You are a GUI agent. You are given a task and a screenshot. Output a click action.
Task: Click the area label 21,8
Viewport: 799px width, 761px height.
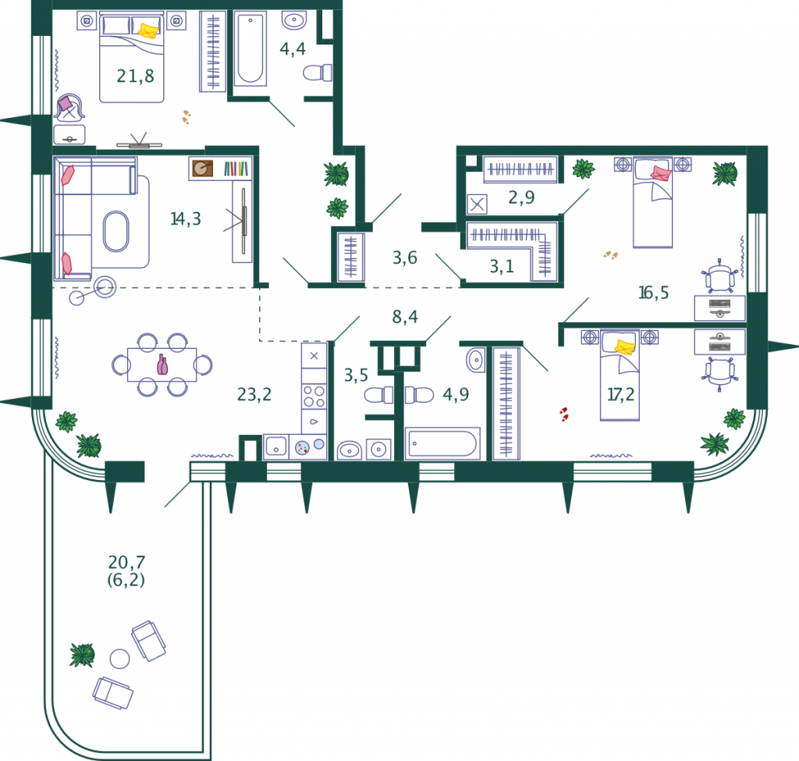pyautogui.click(x=135, y=76)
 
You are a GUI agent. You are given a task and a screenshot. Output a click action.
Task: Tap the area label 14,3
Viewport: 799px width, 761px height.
pyautogui.click(x=186, y=219)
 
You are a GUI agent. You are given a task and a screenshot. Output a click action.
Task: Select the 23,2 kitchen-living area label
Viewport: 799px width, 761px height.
pyautogui.click(x=254, y=394)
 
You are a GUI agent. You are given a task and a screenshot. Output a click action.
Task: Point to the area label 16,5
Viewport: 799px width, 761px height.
pyautogui.click(x=653, y=293)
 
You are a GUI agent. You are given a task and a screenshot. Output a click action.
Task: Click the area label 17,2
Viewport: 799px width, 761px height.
pyautogui.click(x=620, y=394)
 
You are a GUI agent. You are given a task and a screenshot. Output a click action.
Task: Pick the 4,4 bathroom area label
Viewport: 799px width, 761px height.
pyautogui.click(x=293, y=49)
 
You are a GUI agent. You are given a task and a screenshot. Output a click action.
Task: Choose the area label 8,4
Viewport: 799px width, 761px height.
pyautogui.click(x=405, y=317)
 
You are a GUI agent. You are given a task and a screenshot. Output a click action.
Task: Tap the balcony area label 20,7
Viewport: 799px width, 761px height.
pyautogui.click(x=126, y=562)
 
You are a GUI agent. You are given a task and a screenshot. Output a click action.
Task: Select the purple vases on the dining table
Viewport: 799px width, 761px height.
pyautogui.click(x=162, y=364)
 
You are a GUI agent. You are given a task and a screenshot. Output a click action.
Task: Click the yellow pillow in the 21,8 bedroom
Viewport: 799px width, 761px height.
pyautogui.click(x=149, y=30)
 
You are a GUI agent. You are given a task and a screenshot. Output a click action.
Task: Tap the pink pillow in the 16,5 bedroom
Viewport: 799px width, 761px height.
pyautogui.click(x=661, y=173)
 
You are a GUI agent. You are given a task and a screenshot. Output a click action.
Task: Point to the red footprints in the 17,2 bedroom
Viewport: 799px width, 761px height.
pyautogui.click(x=564, y=414)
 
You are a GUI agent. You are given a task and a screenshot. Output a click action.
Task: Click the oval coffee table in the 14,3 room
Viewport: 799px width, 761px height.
pyautogui.click(x=116, y=231)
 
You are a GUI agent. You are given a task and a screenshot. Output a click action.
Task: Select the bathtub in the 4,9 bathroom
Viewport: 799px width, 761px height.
pyautogui.click(x=443, y=443)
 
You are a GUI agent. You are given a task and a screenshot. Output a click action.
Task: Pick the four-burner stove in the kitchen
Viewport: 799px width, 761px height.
pyautogui.click(x=314, y=397)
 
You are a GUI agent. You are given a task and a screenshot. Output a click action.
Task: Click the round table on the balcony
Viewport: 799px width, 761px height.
pyautogui.click(x=119, y=659)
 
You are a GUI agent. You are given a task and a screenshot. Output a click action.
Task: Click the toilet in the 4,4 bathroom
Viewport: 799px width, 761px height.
pyautogui.click(x=318, y=73)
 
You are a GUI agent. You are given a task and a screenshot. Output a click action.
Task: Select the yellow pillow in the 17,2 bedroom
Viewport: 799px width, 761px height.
pyautogui.click(x=625, y=347)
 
